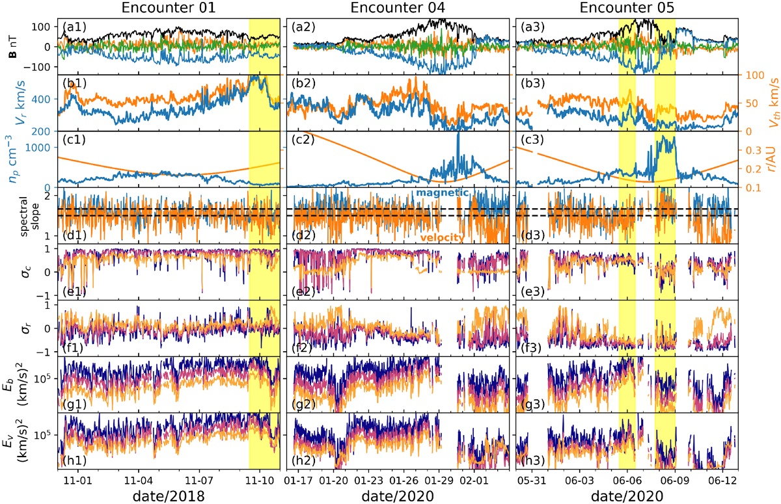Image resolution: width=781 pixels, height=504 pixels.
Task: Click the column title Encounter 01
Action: tap(169, 8)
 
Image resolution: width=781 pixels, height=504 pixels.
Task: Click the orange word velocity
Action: tap(442, 237)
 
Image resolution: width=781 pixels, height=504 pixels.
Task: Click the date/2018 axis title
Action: tap(169, 496)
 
